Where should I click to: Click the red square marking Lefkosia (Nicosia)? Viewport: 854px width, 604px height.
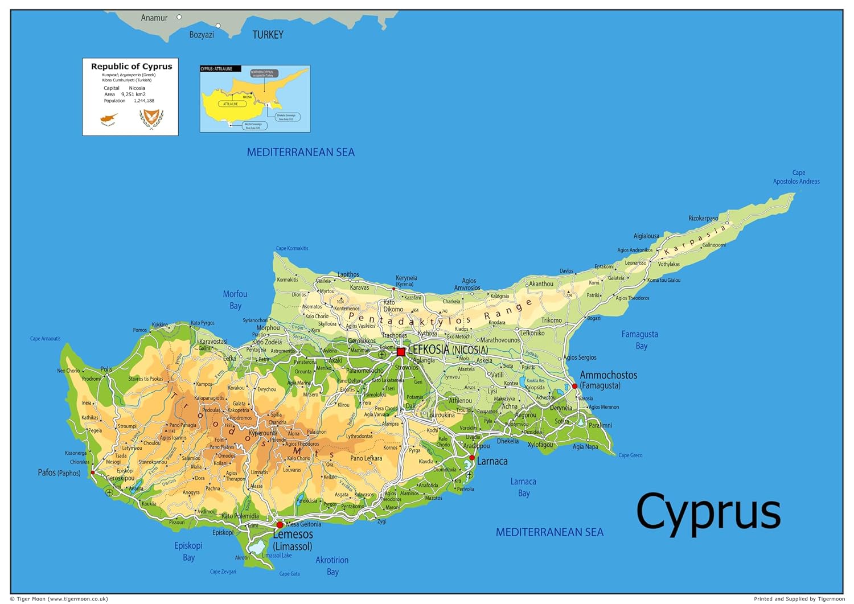(x=401, y=352)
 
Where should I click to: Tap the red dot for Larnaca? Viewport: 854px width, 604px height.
(x=472, y=458)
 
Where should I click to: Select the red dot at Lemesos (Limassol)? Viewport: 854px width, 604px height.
(x=280, y=525)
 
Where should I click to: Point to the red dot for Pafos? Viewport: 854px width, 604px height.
(x=93, y=472)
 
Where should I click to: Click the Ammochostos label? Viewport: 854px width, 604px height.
(x=608, y=375)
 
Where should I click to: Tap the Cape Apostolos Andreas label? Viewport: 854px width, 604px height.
(x=796, y=177)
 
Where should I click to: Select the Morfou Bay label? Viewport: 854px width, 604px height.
(x=235, y=300)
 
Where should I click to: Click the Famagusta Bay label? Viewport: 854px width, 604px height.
(x=639, y=340)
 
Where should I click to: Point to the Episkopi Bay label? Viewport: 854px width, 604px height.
(x=188, y=551)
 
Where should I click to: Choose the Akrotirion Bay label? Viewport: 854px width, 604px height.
(x=332, y=566)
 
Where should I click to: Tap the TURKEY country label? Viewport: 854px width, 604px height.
(x=268, y=35)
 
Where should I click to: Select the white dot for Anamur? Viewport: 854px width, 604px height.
(x=179, y=17)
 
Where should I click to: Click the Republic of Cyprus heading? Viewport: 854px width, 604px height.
(x=132, y=67)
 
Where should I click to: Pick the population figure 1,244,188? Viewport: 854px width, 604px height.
(x=144, y=101)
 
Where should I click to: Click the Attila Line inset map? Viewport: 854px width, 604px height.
(x=255, y=99)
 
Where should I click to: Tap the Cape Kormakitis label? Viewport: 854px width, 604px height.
(x=292, y=248)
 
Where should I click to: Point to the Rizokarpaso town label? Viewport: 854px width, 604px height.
(x=703, y=218)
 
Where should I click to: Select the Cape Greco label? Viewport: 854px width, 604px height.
(x=630, y=455)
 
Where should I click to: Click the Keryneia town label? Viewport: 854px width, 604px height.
(x=407, y=278)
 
